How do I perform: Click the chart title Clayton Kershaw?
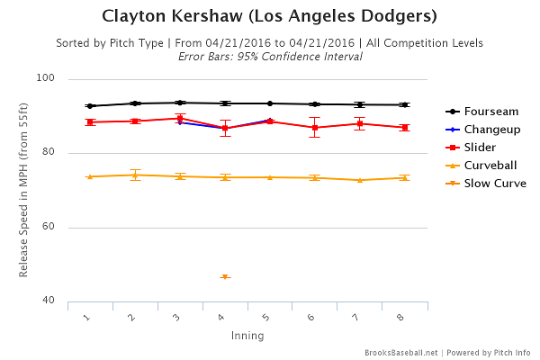[270, 16]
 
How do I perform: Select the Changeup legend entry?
[491, 130]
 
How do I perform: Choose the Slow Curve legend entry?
[495, 184]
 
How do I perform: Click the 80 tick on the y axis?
[49, 153]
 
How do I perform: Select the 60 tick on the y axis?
[49, 227]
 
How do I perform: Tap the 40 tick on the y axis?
[49, 301]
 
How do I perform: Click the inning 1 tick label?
[87, 317]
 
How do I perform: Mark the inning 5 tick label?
[267, 317]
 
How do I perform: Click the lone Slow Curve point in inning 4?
[225, 277]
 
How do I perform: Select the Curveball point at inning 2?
[135, 175]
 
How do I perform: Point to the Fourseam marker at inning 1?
[90, 105]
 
